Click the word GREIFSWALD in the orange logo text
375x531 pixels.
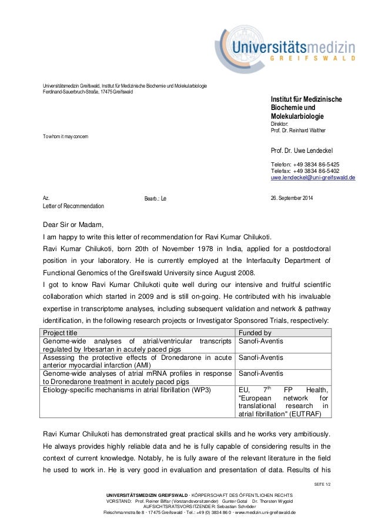[312, 59]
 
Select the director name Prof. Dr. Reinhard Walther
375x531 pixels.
[297, 130]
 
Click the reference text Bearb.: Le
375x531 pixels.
[156, 199]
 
